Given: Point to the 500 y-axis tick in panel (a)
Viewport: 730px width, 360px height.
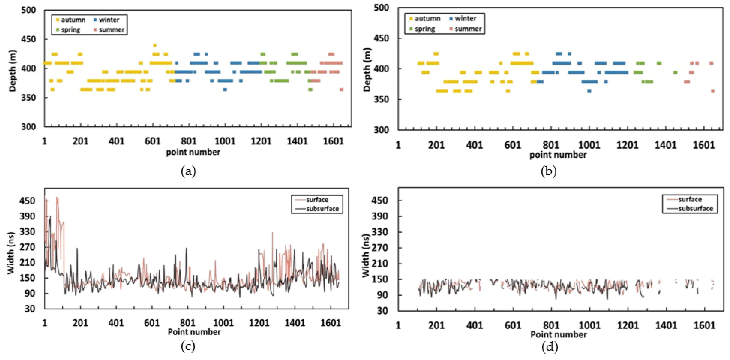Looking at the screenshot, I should pyautogui.click(x=29, y=10).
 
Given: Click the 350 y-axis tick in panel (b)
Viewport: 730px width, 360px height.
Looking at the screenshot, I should pyautogui.click(x=381, y=99).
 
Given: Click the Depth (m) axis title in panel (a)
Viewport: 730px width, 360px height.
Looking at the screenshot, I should pyautogui.click(x=12, y=71).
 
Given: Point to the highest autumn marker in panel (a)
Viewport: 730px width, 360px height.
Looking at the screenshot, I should pyautogui.click(x=155, y=45).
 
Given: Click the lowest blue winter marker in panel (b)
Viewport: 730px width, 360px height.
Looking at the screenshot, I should pyautogui.click(x=589, y=91).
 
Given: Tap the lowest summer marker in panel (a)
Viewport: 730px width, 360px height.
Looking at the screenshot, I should pyautogui.click(x=342, y=89).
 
